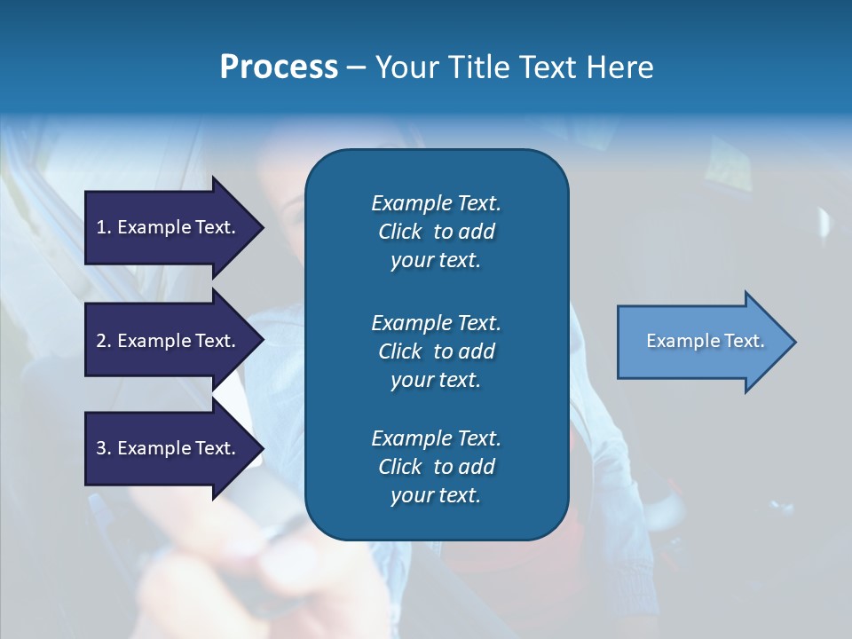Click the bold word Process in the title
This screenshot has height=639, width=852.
pyautogui.click(x=279, y=67)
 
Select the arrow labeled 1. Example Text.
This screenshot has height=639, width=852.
pyautogui.click(x=169, y=227)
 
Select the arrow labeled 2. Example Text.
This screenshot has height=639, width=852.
pyautogui.click(x=169, y=341)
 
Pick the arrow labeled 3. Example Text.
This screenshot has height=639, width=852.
pyautogui.click(x=169, y=448)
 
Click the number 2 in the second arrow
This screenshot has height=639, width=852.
pyautogui.click(x=101, y=341)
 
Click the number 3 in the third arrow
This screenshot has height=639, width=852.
pyautogui.click(x=101, y=448)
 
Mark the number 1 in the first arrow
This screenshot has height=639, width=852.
pyautogui.click(x=101, y=227)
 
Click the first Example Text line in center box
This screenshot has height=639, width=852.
pyautogui.click(x=436, y=203)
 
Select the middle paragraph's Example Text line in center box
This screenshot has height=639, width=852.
pyautogui.click(x=436, y=323)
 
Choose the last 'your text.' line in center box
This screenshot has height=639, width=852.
pyautogui.click(x=436, y=496)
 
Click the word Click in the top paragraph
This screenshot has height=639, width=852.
pyautogui.click(x=399, y=232)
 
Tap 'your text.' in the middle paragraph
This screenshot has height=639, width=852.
pyautogui.click(x=436, y=380)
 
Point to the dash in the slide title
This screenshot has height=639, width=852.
pyautogui.click(x=357, y=67)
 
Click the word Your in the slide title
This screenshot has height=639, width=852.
pyautogui.click(x=405, y=67)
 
